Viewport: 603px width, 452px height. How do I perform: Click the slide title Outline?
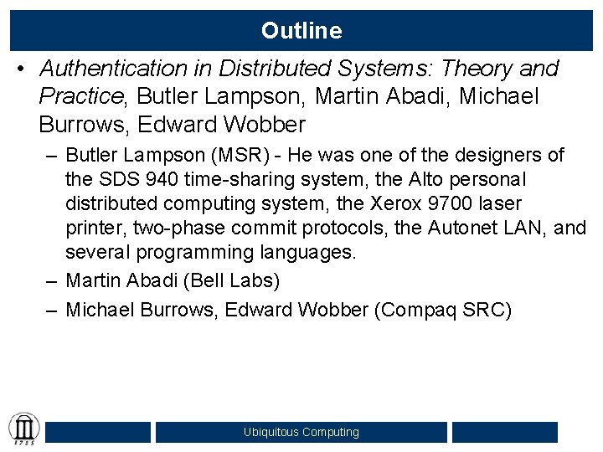pyautogui.click(x=301, y=31)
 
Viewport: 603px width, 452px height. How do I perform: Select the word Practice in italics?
pyautogui.click(x=80, y=97)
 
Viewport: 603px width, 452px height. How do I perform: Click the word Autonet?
pyautogui.click(x=463, y=228)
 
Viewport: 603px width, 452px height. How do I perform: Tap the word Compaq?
pyautogui.click(x=420, y=310)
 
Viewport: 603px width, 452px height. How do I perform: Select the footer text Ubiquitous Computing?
pyautogui.click(x=301, y=432)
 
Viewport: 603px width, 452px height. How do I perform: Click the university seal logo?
pyautogui.click(x=23, y=429)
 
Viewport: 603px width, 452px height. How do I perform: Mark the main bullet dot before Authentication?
pyautogui.click(x=20, y=69)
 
